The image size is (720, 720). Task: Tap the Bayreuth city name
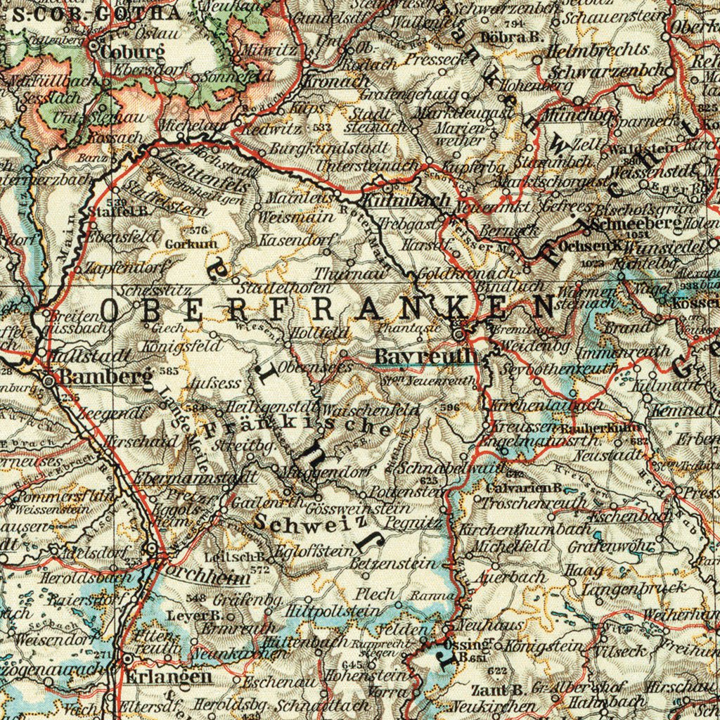coord(426,356)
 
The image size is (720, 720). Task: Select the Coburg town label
coord(132,52)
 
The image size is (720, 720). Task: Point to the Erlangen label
coord(169,677)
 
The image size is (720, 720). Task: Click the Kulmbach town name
coord(419,200)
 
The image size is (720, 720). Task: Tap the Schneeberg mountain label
coord(636,224)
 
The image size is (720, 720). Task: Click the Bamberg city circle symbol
coord(49,380)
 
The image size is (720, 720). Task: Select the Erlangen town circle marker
coord(127,660)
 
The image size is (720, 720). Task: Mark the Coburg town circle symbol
coord(94,44)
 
